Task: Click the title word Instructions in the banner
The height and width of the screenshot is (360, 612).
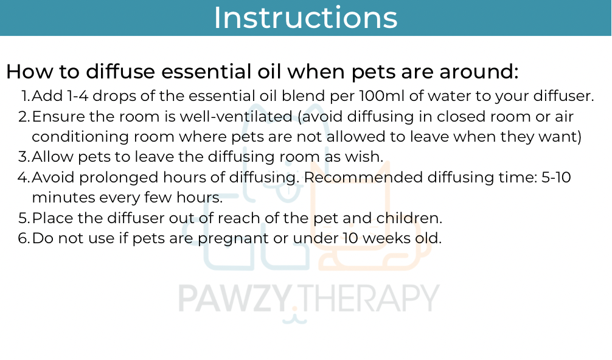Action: point(305,18)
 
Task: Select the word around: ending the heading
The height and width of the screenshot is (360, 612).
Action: point(479,72)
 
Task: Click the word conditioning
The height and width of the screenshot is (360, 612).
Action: point(80,137)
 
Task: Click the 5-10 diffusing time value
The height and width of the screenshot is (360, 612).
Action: point(556,178)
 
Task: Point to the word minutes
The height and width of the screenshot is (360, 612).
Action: point(63,198)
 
